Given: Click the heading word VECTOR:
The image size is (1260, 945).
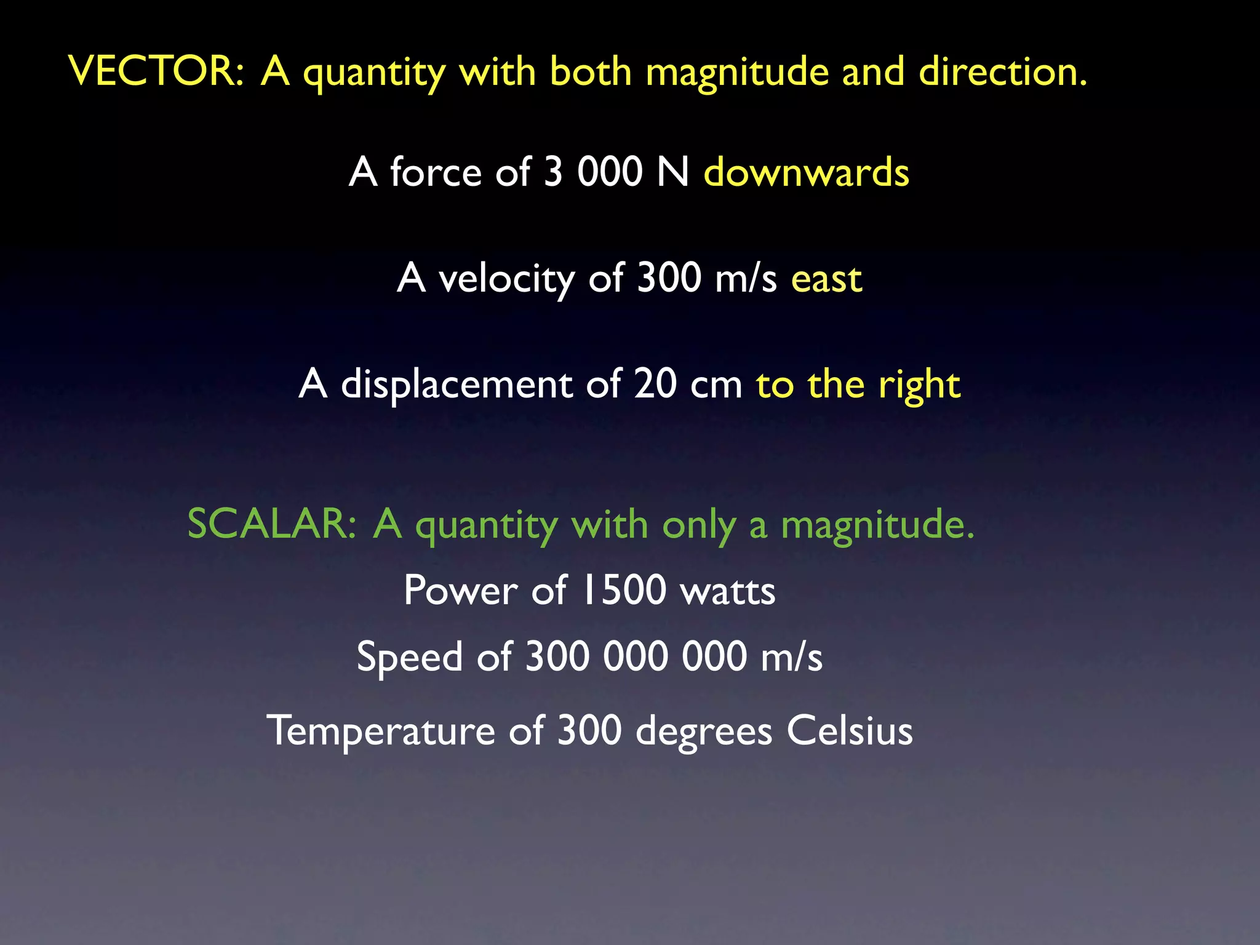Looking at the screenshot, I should click(x=156, y=71).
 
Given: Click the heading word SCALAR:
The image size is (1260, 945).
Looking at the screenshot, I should click(x=271, y=524).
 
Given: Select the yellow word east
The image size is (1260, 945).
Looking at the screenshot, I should click(x=826, y=279).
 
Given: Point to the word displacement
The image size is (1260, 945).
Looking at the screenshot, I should click(x=455, y=384).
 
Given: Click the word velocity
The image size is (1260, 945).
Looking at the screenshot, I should click(x=506, y=279).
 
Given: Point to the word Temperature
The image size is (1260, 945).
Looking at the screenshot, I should click(x=380, y=731).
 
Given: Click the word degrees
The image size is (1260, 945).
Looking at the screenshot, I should click(x=703, y=732).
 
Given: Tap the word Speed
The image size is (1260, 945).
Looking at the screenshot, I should click(x=409, y=657).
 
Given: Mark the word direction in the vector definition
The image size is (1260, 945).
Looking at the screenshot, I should click(x=1002, y=71).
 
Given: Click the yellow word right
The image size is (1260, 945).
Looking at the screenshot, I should click(x=919, y=385).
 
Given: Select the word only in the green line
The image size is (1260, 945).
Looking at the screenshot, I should click(x=698, y=525).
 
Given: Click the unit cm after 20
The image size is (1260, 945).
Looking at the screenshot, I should click(x=716, y=385).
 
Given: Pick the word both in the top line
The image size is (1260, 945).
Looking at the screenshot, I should click(x=590, y=71).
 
